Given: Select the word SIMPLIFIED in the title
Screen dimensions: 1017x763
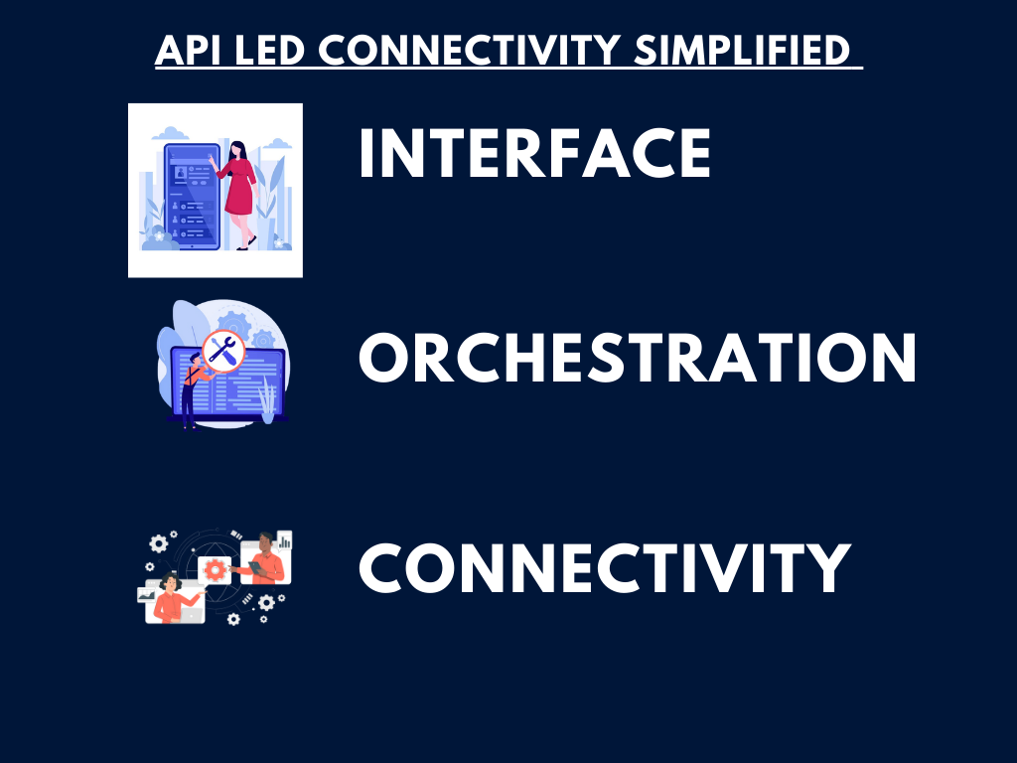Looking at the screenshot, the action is tap(741, 50).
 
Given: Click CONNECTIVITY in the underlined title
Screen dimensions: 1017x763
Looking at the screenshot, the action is tap(469, 50).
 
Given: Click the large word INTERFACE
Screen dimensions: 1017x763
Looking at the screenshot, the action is tap(535, 153).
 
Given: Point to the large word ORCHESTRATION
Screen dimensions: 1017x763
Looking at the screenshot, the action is tap(637, 358).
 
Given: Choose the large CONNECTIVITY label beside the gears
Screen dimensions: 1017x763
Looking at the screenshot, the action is tap(605, 568).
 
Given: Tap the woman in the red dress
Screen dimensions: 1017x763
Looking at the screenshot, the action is tap(236, 194).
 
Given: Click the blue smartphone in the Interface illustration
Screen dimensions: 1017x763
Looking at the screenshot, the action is tap(192, 196).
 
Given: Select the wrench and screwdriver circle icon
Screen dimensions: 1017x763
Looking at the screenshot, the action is tap(223, 351).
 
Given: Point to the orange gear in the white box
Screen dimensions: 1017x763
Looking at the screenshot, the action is tap(215, 570).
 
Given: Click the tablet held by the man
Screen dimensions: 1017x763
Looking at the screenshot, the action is tap(256, 568).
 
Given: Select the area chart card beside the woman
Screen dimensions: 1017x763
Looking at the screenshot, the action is tap(147, 594).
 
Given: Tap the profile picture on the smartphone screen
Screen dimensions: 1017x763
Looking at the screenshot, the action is tap(181, 173).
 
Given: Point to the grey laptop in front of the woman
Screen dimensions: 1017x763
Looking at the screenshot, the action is tap(190, 613).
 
